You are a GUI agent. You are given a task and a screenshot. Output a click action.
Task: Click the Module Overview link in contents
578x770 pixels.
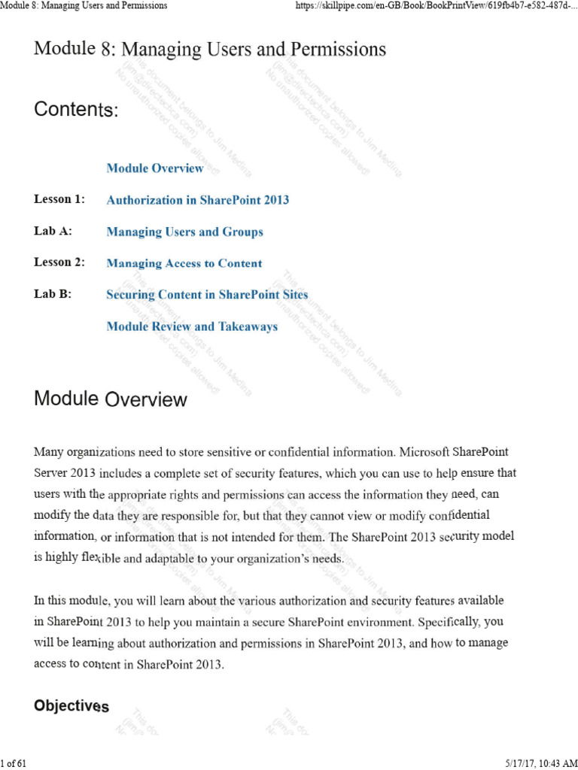pos(155,168)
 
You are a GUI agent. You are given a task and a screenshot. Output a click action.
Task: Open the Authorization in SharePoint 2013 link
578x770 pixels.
pos(197,200)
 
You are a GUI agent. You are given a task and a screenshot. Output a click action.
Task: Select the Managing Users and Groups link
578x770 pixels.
pos(184,232)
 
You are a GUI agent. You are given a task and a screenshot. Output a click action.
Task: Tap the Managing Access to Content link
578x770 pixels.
pos(184,263)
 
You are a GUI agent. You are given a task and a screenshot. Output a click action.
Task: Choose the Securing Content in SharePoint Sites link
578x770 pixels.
pos(207,295)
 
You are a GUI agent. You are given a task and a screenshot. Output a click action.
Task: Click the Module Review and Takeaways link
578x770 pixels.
pos(192,326)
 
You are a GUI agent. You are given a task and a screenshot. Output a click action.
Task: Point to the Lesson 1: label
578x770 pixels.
pos(59,199)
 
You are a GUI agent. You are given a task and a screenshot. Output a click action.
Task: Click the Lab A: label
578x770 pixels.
pos(53,231)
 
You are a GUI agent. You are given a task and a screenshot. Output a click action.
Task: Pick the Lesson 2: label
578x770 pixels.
pos(59,262)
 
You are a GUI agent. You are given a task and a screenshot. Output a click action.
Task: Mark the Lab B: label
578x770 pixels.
pos(53,294)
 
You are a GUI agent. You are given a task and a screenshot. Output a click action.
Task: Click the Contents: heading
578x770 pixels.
pos(76,110)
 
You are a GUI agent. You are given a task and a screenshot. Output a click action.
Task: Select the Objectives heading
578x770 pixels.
pos(71,706)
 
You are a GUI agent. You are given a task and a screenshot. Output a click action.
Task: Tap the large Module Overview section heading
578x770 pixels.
pos(110,399)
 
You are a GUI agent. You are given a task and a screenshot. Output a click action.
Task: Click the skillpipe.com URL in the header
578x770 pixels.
pos(433,6)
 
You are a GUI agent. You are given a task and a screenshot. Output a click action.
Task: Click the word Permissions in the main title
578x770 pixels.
pos(341,50)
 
